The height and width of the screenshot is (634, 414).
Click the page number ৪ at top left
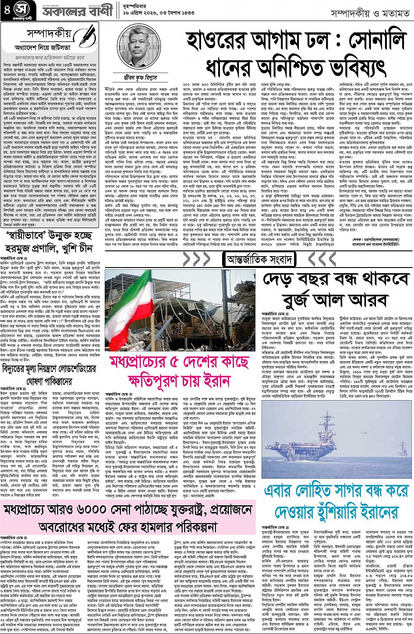pos(6,10)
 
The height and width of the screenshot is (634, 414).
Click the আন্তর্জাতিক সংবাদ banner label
pos(258,259)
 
